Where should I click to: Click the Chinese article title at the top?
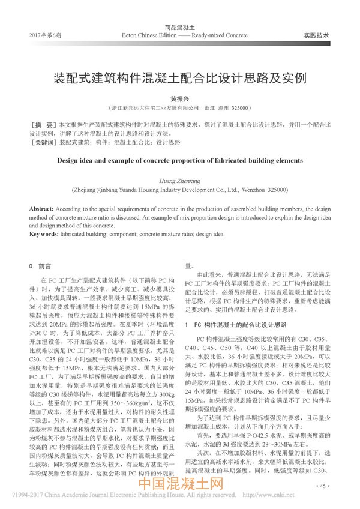pos(180,79)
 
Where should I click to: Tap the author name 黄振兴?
pos(180,100)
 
